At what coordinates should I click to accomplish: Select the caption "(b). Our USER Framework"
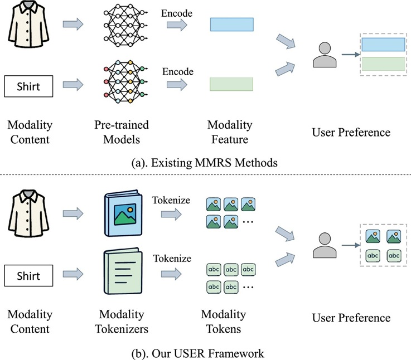click(x=205, y=353)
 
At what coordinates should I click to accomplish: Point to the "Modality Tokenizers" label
click(x=123, y=322)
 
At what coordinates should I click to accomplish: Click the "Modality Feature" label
click(x=229, y=132)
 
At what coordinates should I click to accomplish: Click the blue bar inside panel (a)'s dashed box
click(x=383, y=45)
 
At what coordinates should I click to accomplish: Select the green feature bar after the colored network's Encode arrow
click(x=231, y=85)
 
